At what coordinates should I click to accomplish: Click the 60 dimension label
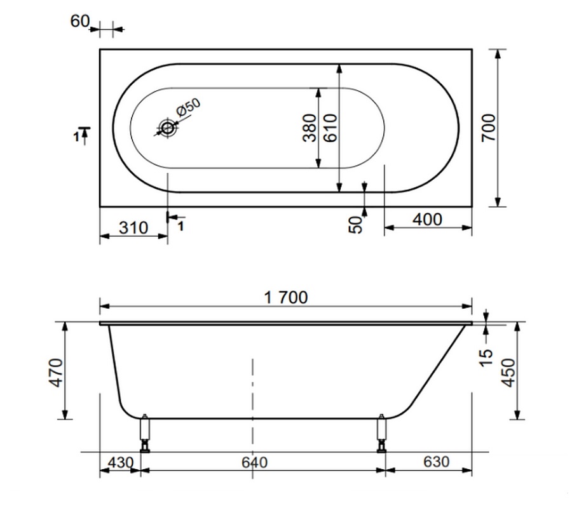(x=80, y=21)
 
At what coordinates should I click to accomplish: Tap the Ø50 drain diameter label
(x=188, y=108)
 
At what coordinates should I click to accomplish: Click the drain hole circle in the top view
(x=167, y=128)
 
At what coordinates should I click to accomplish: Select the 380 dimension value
(x=310, y=128)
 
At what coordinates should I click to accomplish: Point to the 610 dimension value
(x=330, y=128)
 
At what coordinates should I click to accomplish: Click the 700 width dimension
(x=489, y=128)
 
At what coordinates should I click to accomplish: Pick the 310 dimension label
(x=133, y=228)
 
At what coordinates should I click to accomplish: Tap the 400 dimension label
(x=428, y=219)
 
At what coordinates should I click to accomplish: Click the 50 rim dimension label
(x=356, y=225)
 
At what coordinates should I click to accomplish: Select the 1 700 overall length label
(x=285, y=297)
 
